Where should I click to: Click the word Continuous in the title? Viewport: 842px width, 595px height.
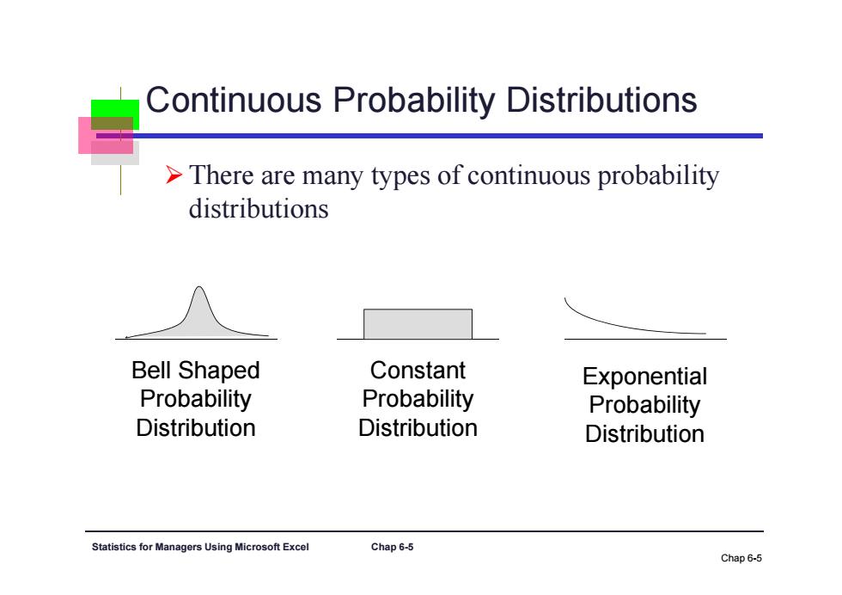tap(234, 100)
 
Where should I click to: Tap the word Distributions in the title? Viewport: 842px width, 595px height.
tap(602, 100)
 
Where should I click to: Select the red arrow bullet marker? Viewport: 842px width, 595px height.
tap(174, 175)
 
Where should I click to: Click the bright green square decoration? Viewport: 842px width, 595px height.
tap(115, 114)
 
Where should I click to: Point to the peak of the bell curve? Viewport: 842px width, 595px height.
tap(199, 287)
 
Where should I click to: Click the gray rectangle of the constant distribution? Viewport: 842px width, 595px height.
tap(418, 324)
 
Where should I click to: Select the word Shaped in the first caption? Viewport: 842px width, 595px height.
tap(219, 371)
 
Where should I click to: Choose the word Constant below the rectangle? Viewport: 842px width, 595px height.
tap(418, 371)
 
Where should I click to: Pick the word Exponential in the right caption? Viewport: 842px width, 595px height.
tap(645, 377)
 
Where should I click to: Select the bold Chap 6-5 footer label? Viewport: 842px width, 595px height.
tap(392, 547)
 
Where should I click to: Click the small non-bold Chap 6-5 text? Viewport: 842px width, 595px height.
tap(741, 558)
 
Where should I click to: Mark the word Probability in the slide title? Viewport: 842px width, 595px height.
tap(414, 101)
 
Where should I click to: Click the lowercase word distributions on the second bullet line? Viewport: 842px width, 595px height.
tap(259, 209)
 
